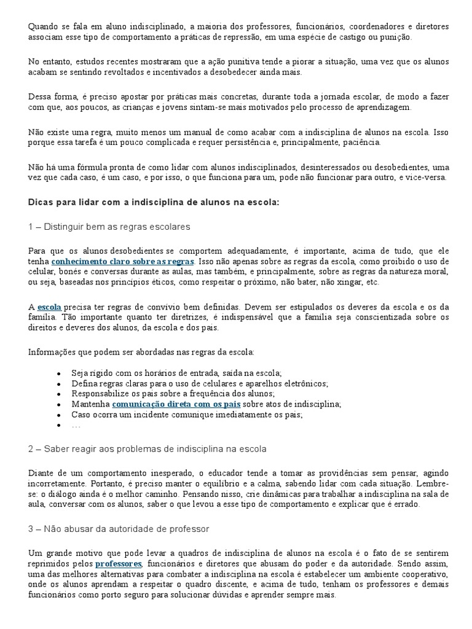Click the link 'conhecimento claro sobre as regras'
[122, 261]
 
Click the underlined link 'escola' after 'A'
[49, 307]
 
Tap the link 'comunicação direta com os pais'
[176, 404]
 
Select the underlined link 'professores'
[119, 563]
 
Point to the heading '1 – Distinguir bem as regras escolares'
[109, 227]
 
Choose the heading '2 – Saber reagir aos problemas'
[147, 449]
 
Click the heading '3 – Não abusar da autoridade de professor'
[119, 529]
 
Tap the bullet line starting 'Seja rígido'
[176, 373]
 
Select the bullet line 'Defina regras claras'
[200, 383]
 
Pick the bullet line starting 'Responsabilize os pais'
[173, 393]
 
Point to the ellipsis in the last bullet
[76, 424]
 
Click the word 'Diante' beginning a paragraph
[42, 472]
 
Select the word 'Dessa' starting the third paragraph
[40, 96]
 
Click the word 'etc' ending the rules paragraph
[371, 282]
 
